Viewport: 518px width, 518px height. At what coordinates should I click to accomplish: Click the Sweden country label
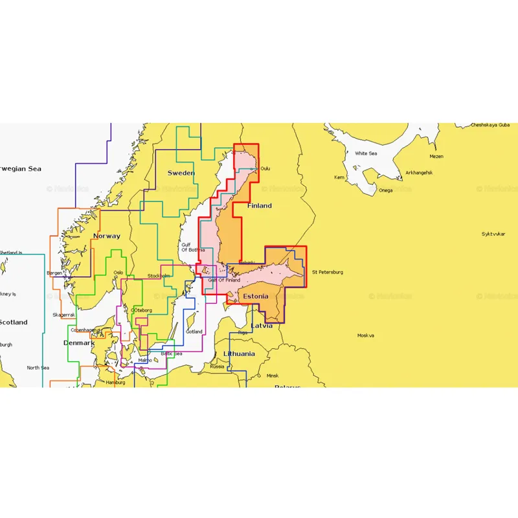181,173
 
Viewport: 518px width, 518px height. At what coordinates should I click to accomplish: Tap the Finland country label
259,205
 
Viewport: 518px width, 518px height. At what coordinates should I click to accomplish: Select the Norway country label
106,236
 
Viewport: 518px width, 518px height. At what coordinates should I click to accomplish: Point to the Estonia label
254,296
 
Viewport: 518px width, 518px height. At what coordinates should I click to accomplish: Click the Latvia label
262,324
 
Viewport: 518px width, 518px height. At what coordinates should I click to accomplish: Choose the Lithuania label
239,354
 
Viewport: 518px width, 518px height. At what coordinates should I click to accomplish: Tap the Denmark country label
79,343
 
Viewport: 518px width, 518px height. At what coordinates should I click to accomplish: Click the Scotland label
13,322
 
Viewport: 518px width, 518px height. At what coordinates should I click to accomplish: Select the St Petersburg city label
327,272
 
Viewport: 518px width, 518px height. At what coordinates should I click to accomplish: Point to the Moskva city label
366,335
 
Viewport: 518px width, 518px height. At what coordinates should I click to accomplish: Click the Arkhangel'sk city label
418,173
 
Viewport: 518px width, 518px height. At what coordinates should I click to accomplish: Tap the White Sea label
365,153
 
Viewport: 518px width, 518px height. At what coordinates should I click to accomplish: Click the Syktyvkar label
493,234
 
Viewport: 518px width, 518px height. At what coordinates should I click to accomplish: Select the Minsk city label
273,376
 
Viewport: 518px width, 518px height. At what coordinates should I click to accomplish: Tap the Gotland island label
194,332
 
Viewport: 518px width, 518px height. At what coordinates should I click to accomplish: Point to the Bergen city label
54,273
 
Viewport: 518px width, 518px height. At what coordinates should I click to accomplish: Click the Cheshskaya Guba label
490,124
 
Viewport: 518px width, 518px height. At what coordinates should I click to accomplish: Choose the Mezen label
436,156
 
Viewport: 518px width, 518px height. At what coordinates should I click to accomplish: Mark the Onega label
385,190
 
